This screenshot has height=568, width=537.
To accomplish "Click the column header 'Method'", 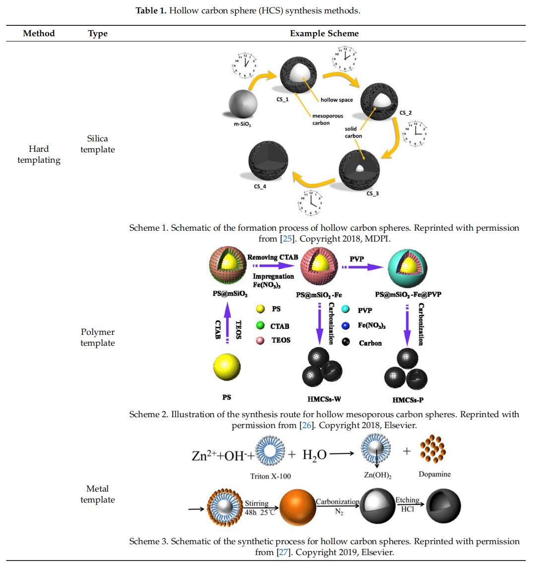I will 39,33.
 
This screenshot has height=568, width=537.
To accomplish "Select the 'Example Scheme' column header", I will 324,33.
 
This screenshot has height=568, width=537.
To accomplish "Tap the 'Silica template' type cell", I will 97,144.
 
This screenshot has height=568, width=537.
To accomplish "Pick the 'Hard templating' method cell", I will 39,154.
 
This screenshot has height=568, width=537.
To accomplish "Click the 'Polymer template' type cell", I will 97,337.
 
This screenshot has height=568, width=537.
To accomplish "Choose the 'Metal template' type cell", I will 97,494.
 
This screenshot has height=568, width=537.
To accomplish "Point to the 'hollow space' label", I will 336,100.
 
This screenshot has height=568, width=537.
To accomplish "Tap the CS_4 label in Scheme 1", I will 260,187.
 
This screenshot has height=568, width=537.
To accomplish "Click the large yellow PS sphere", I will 227,368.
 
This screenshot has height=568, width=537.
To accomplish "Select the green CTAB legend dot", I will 260,325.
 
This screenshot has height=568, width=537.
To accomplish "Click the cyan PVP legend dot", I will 346,310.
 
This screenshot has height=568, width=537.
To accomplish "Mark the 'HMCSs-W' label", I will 324,399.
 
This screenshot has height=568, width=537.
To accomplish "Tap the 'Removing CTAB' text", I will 272,257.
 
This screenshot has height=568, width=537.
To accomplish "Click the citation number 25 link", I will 287,239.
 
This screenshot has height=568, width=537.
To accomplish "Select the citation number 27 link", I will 283,552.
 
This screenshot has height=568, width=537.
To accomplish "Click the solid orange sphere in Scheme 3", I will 297,507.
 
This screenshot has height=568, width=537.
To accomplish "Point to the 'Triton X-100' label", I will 270,476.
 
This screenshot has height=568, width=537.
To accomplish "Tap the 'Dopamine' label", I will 434,474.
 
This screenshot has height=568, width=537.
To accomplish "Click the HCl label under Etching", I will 407,509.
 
